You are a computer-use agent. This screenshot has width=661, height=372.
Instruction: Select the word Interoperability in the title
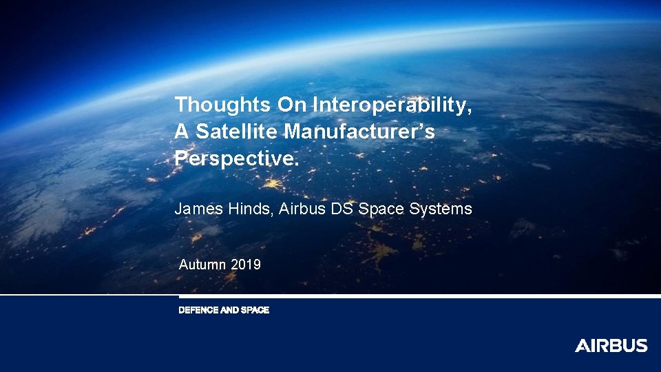[392, 105]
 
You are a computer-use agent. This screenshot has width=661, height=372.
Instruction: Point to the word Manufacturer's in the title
[360, 132]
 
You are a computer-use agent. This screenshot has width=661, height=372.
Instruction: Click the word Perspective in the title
[236, 158]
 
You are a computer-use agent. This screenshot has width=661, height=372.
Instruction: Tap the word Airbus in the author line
[303, 209]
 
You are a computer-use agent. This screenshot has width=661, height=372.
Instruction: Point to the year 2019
[246, 264]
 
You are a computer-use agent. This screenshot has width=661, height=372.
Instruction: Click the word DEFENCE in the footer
[198, 311]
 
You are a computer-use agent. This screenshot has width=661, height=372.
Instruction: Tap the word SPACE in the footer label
[255, 311]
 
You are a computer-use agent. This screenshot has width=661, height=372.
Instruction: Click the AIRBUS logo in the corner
[611, 346]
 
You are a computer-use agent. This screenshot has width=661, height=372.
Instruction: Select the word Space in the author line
[381, 209]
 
